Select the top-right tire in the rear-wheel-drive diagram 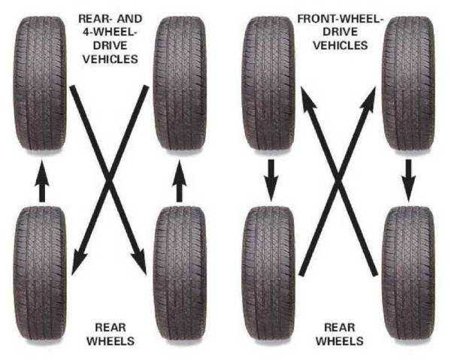click(180, 83)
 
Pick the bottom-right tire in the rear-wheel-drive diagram click(180, 271)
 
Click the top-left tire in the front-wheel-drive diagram click(269, 83)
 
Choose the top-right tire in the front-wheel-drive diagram click(408, 83)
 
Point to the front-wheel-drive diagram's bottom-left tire click(269, 271)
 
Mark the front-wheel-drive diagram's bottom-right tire click(408, 271)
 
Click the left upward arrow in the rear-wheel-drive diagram click(42, 183)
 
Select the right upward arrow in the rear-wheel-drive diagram click(179, 183)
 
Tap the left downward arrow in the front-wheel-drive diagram click(271, 177)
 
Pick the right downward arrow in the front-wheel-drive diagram click(408, 177)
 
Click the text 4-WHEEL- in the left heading click(110, 32)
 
